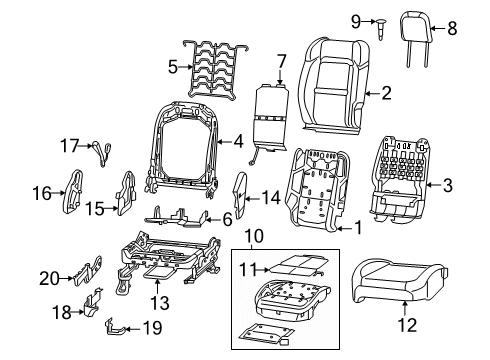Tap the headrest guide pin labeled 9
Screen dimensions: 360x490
[x=384, y=26]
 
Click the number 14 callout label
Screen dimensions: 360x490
[x=270, y=197]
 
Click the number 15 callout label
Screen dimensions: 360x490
[x=91, y=208]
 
